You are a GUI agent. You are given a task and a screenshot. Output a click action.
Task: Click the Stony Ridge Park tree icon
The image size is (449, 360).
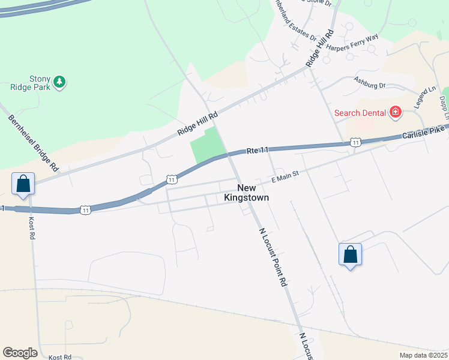click(x=59, y=82)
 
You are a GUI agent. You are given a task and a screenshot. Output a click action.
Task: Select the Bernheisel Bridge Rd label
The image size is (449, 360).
click(x=33, y=142)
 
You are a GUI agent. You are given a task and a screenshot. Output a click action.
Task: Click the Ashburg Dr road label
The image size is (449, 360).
click(x=369, y=82)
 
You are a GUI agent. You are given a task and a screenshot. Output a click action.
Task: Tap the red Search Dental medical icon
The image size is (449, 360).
click(x=395, y=112)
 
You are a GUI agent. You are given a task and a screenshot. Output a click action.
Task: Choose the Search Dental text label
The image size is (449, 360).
click(x=360, y=113)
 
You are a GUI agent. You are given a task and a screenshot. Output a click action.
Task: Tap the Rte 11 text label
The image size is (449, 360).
click(x=257, y=151)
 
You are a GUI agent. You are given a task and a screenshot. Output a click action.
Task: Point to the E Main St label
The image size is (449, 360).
click(x=285, y=175)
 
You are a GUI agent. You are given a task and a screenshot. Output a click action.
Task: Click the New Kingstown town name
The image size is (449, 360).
click(x=246, y=193)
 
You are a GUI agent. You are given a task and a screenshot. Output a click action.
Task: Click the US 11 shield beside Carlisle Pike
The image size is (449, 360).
click(x=355, y=142)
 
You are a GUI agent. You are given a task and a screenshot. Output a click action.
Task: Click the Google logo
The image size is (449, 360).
click(x=20, y=353)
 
